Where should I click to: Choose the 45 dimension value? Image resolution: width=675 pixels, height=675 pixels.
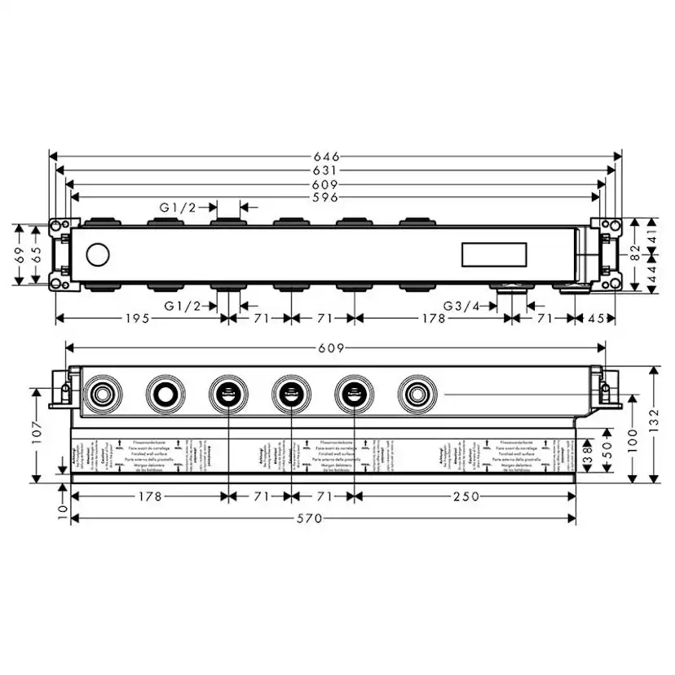point(598,319)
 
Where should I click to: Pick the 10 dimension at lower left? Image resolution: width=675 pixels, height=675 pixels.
point(63,511)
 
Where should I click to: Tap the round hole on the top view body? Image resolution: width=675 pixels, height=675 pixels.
point(96,254)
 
